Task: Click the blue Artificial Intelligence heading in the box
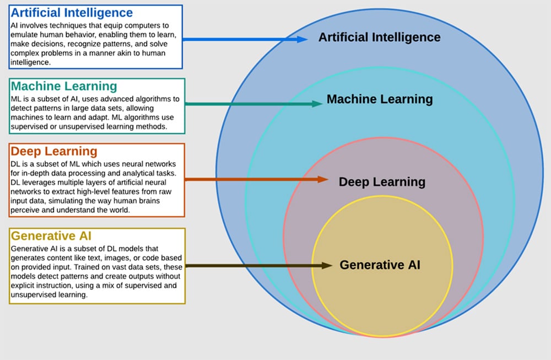click(x=72, y=13)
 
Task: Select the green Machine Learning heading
click(x=64, y=86)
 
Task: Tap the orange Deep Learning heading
click(x=54, y=151)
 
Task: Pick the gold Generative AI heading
click(x=51, y=236)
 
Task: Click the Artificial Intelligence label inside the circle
click(x=380, y=37)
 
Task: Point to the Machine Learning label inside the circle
click(x=380, y=99)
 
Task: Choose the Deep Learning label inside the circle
click(x=382, y=182)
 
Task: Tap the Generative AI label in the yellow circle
click(x=380, y=265)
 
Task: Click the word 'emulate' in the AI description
click(x=24, y=35)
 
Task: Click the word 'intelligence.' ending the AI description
click(x=30, y=62)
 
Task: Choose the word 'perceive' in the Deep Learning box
click(x=25, y=211)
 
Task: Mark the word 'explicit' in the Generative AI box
click(x=23, y=287)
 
